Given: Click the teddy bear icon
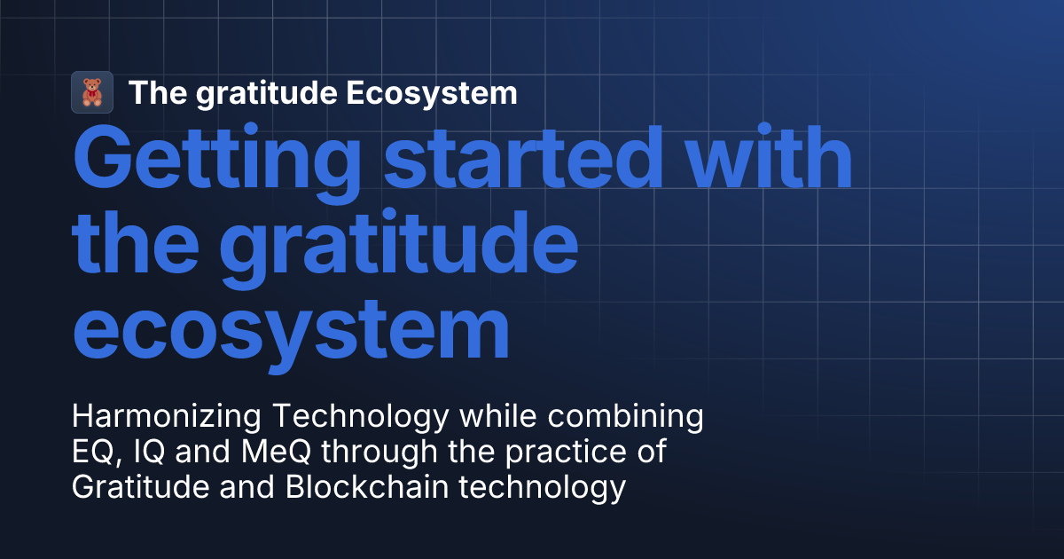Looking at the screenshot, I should click(x=92, y=92).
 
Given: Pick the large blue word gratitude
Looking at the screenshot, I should click(x=399, y=244).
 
